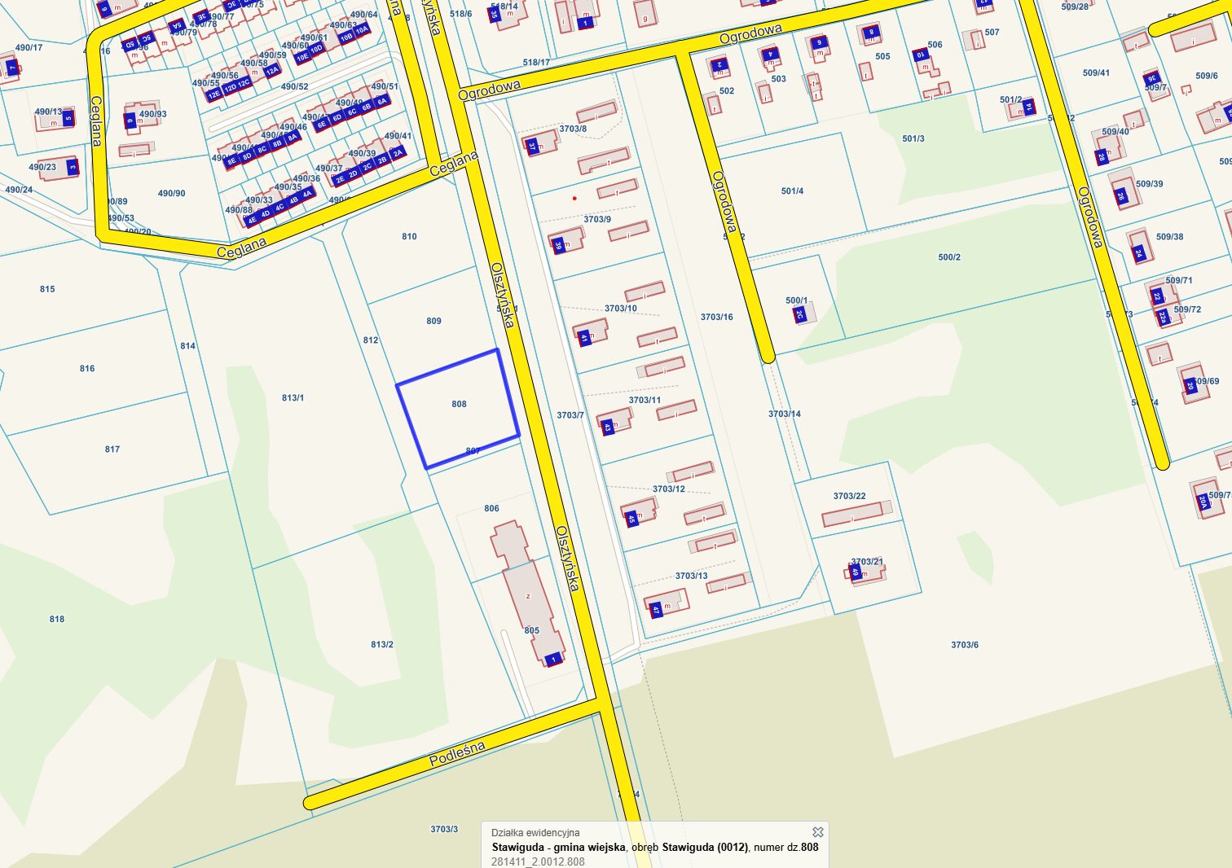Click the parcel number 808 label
459,404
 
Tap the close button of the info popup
818,832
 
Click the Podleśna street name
457,753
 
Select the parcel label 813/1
293,398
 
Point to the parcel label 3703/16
716,317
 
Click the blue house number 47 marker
656,609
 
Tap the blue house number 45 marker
632,518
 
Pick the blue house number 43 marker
608,426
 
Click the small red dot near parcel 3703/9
574,198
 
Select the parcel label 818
56,619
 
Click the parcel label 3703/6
965,645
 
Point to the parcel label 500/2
949,257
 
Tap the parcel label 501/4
792,191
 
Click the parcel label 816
87,369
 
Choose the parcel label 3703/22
849,496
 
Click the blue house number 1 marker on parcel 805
554,659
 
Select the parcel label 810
409,237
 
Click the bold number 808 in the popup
809,847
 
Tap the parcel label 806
491,508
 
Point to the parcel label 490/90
171,194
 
